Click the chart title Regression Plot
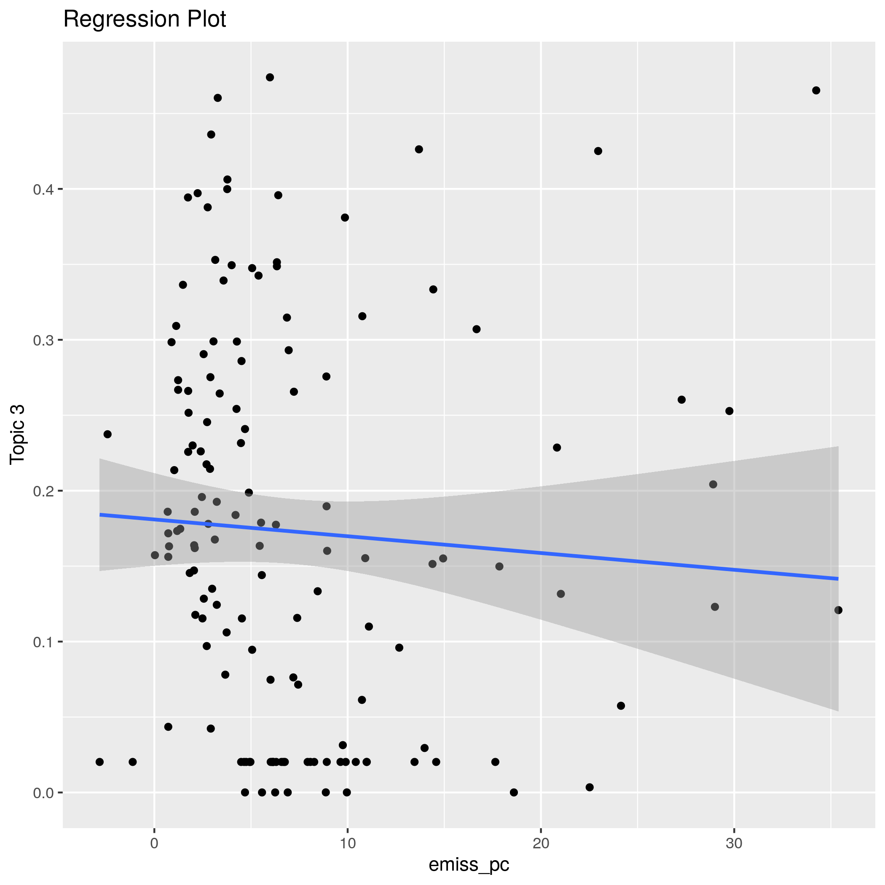point(144,19)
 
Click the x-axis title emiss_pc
point(469,864)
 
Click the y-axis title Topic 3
point(17,435)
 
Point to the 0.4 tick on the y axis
point(43,189)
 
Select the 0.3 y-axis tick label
point(43,340)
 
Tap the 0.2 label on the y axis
point(43,491)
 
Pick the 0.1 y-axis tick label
point(43,642)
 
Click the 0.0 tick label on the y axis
point(43,792)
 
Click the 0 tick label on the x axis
point(154,844)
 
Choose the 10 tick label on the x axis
point(348,844)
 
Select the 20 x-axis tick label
point(541,844)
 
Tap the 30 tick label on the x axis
point(734,844)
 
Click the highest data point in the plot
point(270,78)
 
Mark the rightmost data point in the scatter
point(838,610)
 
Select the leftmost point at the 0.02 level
point(100,762)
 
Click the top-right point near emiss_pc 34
point(816,90)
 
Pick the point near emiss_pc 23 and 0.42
point(598,151)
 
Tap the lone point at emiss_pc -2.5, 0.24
point(107,434)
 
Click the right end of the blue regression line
point(837,579)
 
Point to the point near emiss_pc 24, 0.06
point(621,706)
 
